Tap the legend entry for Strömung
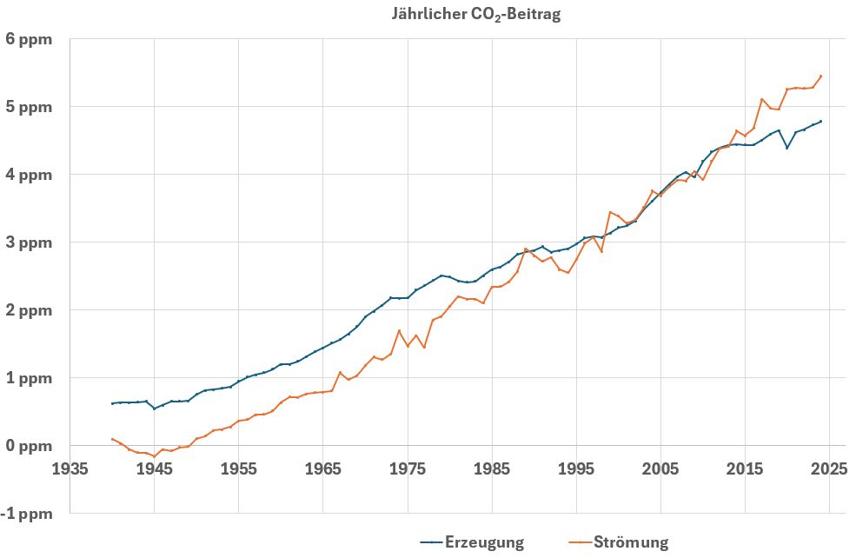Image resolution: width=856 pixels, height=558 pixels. [631, 542]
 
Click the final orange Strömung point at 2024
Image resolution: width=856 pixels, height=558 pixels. [821, 76]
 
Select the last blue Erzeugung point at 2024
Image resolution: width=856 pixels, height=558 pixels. [821, 122]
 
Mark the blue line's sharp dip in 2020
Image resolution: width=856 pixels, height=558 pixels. [787, 148]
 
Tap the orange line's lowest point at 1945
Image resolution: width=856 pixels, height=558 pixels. [155, 456]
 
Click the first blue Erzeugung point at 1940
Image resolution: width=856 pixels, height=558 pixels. [113, 403]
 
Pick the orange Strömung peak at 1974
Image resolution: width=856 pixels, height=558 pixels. [399, 330]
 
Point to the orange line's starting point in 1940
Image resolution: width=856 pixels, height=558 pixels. [113, 439]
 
